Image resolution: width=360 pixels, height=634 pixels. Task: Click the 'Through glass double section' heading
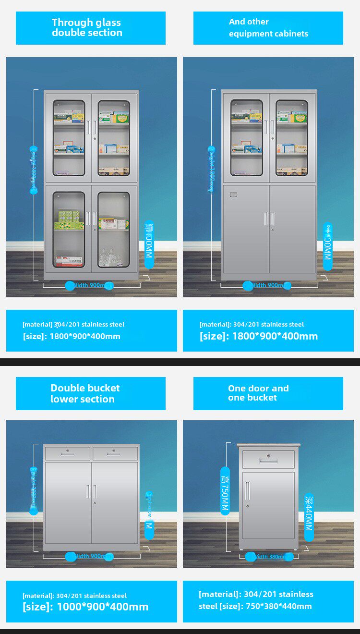87,28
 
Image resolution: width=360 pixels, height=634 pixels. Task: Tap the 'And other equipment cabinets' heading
268,28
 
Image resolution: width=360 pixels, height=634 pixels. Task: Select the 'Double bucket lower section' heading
85,393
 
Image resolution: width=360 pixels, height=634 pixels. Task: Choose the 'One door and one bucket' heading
258,393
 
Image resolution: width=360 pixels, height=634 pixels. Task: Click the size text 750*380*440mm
279,606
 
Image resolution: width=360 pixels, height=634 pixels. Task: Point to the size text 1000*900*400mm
102,607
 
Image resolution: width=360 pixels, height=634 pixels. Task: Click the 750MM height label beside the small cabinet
225,490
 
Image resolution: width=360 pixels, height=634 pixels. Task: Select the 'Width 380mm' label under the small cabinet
269,557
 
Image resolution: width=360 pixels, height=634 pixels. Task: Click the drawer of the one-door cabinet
268,460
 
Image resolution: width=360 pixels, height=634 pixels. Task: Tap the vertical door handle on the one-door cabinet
248,490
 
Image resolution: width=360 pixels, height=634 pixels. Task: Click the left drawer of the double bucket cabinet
67,453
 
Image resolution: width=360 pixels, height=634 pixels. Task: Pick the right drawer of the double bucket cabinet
115,453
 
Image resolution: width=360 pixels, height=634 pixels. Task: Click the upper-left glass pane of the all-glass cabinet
69,137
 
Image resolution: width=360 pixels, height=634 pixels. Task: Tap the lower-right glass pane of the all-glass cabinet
114,230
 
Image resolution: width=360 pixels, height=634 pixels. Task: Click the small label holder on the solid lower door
234,195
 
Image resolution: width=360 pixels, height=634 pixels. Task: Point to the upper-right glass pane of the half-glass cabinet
291,137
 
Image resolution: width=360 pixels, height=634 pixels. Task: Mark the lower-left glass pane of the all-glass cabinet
69,230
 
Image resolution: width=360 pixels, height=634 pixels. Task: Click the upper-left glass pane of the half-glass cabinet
246,137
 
